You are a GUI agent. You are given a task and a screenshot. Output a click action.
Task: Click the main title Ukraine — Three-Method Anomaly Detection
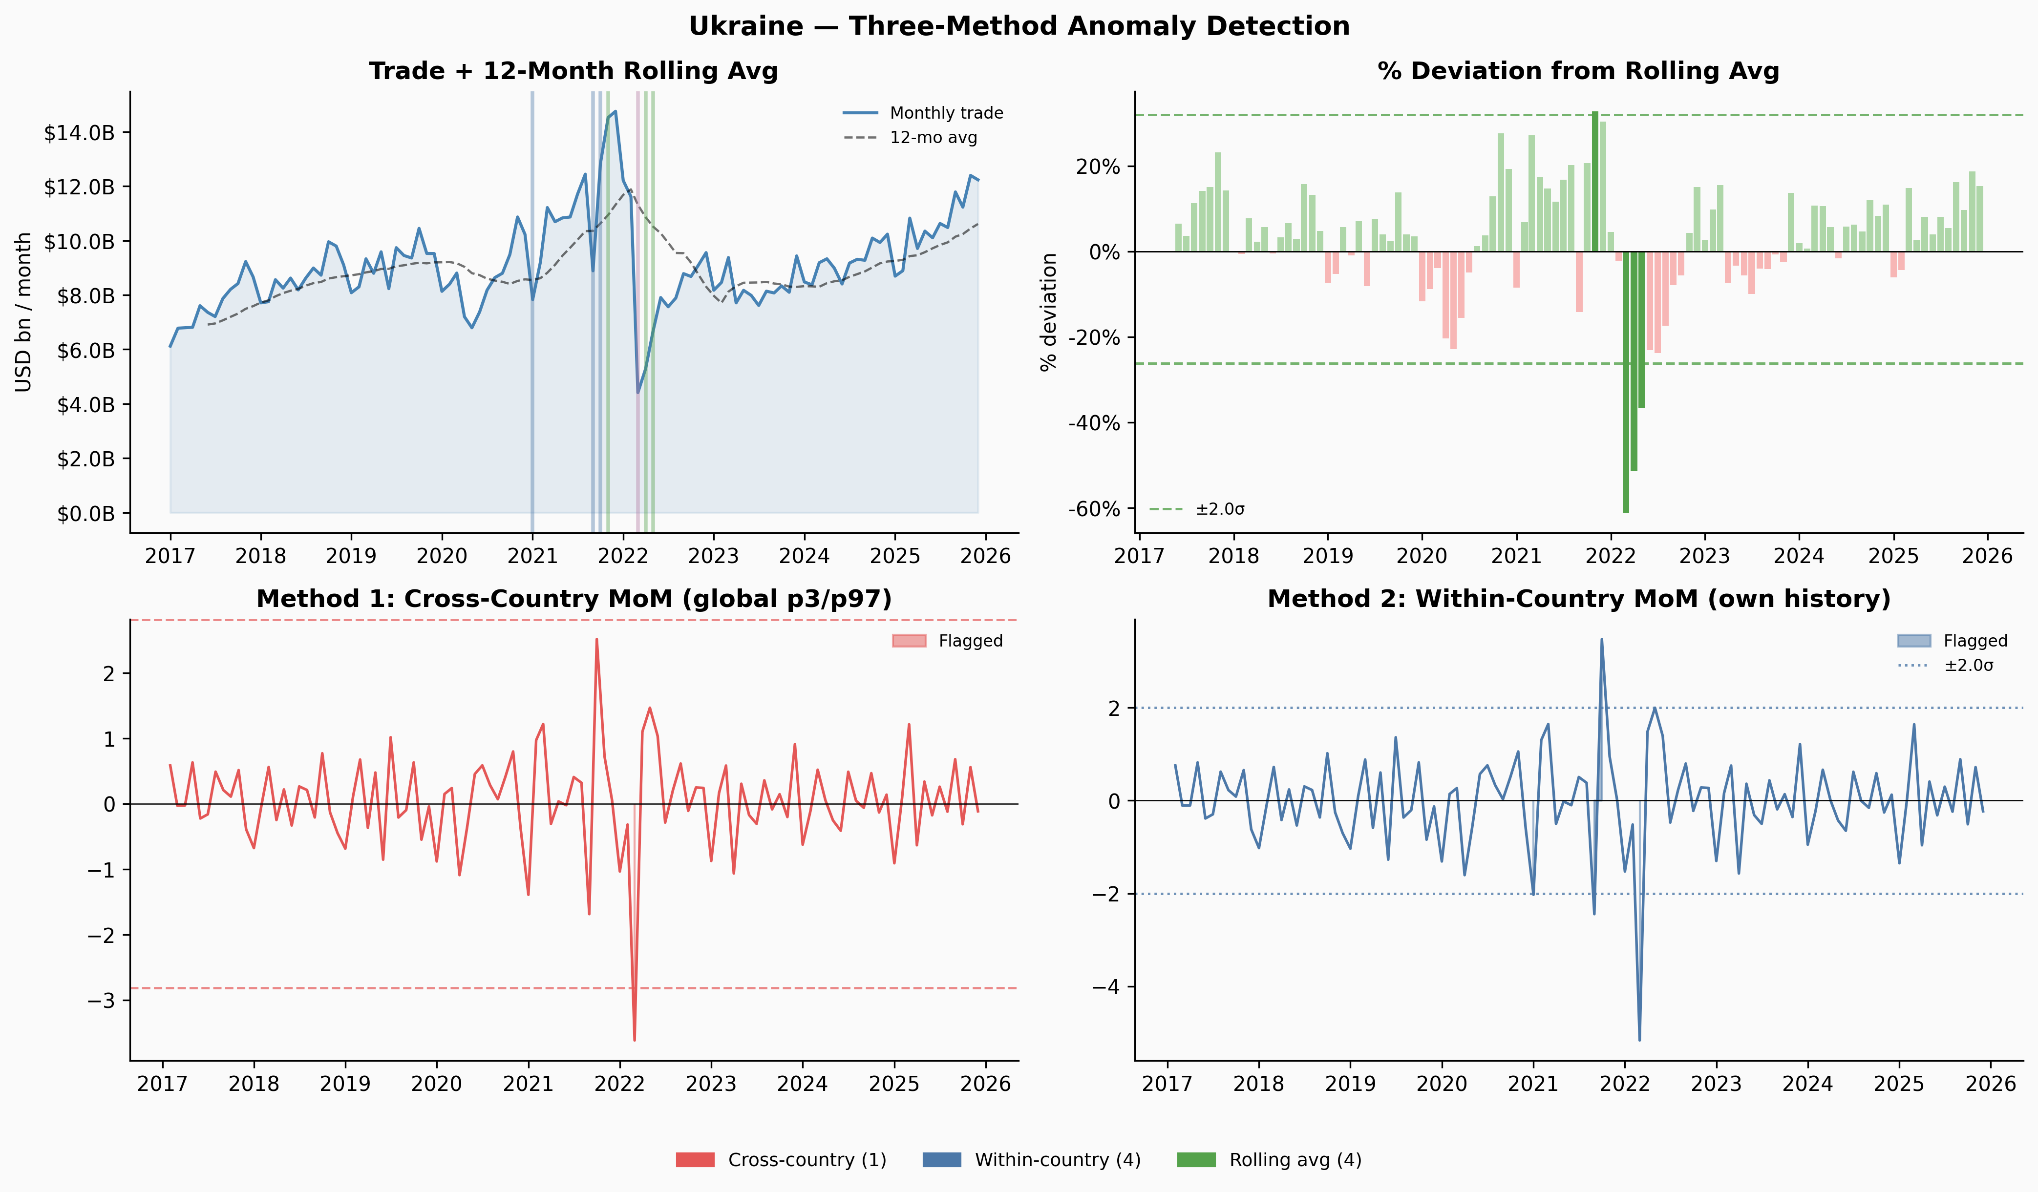pos(1019,26)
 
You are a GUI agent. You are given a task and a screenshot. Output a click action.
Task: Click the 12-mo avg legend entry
pos(910,138)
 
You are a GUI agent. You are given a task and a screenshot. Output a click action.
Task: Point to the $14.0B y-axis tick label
pos(79,133)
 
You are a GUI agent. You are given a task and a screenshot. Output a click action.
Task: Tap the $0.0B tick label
pos(85,514)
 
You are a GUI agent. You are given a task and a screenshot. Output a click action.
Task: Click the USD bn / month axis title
pos(23,312)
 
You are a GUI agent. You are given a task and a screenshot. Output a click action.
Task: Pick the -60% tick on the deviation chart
pos(1094,509)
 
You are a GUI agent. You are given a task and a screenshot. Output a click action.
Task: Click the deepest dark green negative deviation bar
pos(1626,382)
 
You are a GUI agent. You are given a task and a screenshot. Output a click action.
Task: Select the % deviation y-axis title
pos(1049,312)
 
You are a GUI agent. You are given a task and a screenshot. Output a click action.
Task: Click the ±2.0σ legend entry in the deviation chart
pos(1197,509)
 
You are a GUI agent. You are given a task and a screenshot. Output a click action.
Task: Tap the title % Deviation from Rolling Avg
pos(1579,71)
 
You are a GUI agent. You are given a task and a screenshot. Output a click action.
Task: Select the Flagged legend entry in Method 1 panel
pos(948,641)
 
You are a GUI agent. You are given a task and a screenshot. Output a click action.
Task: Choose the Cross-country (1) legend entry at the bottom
pos(781,1160)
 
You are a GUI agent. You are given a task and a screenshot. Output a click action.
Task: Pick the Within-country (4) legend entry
pos(1032,1160)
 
